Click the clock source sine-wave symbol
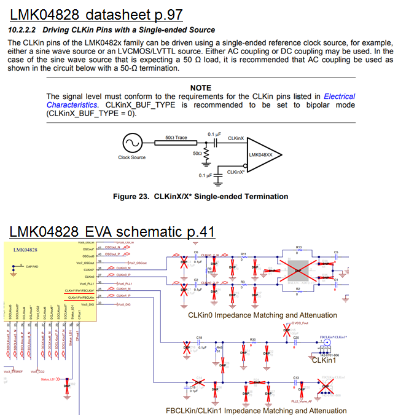pos(131,144)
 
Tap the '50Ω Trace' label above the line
pos(177,138)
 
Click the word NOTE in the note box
pos(201,88)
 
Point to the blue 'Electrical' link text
pos(339,97)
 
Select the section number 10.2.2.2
pos(23,30)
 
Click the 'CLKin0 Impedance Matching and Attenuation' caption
pos(262,315)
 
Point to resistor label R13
pos(299,247)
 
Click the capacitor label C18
pos(199,338)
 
